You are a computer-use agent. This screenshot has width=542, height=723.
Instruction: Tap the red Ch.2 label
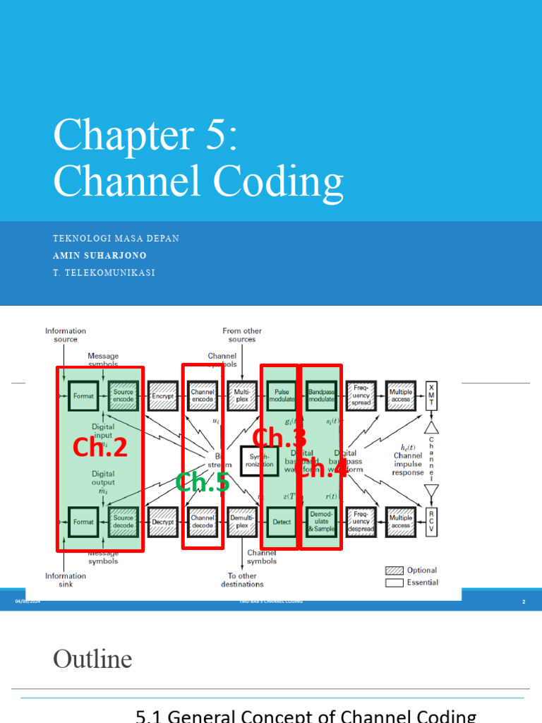100,447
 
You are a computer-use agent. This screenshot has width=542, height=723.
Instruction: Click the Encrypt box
163,396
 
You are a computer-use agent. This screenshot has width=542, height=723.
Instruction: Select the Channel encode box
203,396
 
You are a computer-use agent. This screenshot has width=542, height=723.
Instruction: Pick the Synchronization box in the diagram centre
260,460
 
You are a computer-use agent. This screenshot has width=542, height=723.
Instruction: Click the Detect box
281,522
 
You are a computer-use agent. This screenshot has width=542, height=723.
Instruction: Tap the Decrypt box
163,522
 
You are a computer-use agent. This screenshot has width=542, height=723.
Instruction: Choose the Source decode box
124,522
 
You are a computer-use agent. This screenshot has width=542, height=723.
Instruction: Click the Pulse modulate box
281,396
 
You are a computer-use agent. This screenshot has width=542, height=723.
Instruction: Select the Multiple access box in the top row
400,396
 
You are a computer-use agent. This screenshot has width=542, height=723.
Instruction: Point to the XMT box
431,396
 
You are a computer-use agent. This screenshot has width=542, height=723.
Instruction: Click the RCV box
431,522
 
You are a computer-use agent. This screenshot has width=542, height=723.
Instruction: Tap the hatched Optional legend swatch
393,570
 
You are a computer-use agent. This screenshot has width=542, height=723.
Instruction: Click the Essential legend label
422,582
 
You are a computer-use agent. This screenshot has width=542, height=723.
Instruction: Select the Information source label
66,335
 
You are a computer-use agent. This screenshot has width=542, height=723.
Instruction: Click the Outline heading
92,659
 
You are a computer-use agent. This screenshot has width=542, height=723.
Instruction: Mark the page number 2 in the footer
524,602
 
